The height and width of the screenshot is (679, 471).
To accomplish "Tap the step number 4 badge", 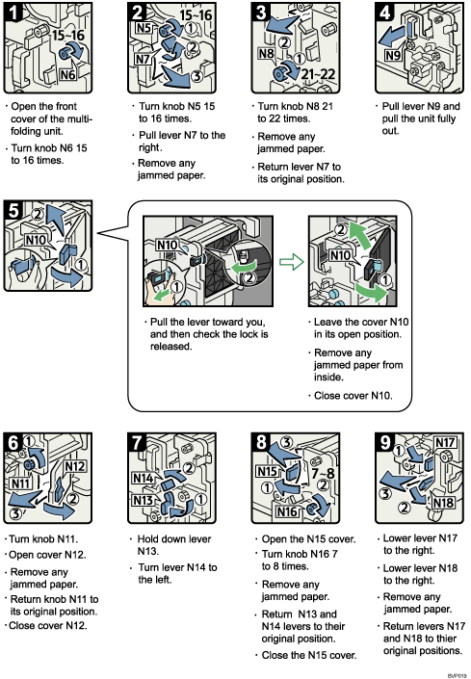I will [x=383, y=15].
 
